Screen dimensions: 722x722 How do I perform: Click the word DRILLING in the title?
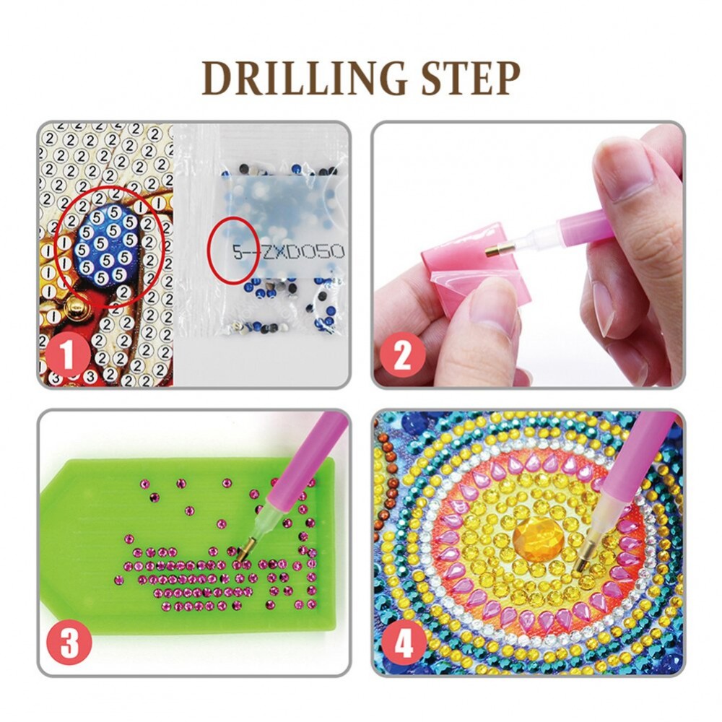coord(305,78)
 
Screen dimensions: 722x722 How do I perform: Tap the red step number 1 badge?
coord(68,355)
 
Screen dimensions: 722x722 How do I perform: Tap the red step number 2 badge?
coord(402,355)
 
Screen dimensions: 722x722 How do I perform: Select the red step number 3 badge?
coord(69,642)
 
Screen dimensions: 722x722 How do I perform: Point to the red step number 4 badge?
coord(404,642)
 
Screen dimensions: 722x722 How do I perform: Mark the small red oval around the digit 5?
coord(233,251)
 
